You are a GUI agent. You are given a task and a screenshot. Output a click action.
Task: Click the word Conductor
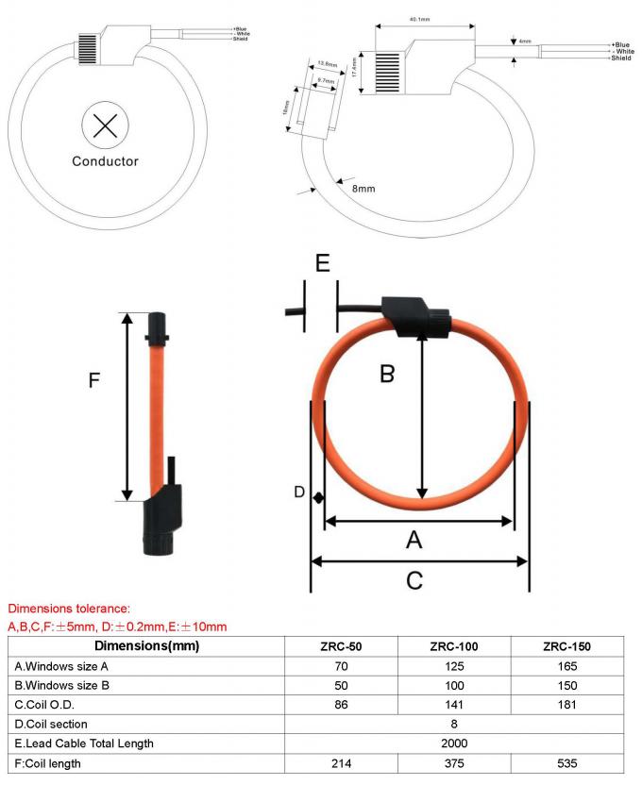point(105,161)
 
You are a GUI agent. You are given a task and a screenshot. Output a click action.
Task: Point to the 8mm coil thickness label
point(363,189)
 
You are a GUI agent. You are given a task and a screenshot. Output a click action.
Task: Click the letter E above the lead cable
point(323,264)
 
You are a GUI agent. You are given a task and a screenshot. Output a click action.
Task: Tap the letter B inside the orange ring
point(386,374)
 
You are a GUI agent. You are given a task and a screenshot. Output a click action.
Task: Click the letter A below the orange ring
point(414,540)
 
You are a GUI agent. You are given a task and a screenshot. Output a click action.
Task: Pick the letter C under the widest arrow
point(414,580)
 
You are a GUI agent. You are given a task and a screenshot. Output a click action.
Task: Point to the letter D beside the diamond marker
point(299,493)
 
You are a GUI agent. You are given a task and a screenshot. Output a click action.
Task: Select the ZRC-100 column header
point(454,646)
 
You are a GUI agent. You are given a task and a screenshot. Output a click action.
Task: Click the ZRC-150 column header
point(566,646)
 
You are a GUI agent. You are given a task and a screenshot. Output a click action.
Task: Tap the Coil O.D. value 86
point(342,704)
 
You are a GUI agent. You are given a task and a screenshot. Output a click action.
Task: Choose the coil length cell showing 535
point(566,762)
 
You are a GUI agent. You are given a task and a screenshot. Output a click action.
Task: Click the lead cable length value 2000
point(454,743)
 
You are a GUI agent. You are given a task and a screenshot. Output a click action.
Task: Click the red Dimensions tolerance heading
point(68,610)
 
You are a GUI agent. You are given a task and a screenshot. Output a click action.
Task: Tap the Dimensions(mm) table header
point(145,646)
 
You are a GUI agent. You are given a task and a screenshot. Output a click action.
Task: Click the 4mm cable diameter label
point(526,42)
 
